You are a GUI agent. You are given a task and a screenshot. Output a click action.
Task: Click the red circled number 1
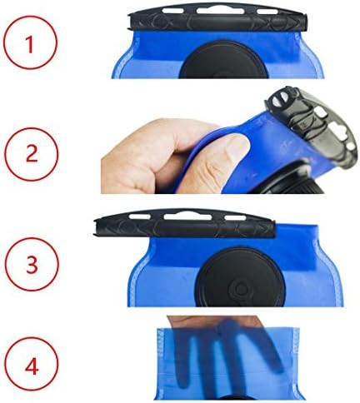(x=30, y=42)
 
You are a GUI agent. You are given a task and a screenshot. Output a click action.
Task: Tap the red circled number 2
(x=32, y=154)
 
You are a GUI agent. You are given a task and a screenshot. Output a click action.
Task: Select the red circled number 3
(x=32, y=264)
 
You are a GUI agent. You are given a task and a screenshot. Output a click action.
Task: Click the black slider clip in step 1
(x=217, y=17)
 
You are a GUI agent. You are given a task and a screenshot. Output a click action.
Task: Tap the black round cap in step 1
(x=223, y=60)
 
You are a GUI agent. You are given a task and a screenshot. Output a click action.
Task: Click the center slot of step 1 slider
(x=221, y=11)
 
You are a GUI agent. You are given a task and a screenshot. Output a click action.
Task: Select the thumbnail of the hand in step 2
(x=237, y=144)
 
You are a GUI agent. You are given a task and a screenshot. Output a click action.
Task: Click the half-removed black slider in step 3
(x=184, y=223)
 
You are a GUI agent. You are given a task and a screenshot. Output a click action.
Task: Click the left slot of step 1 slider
(x=173, y=11)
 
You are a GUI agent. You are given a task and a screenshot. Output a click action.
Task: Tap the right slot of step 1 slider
(x=267, y=12)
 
